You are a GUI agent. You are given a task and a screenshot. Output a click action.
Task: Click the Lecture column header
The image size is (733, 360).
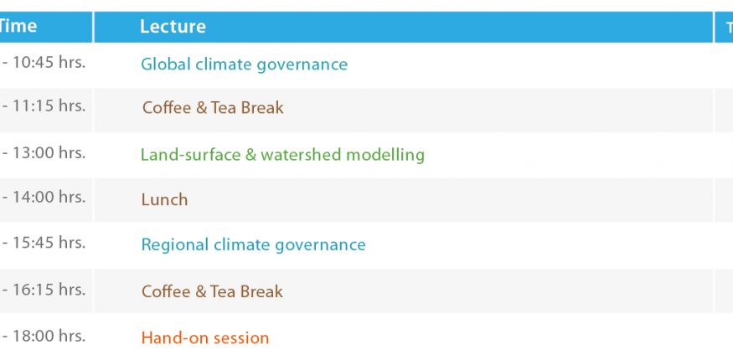(x=173, y=26)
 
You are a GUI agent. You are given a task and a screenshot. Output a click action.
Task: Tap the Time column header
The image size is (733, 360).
(x=18, y=26)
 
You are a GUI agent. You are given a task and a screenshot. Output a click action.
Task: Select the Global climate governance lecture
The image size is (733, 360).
(x=244, y=64)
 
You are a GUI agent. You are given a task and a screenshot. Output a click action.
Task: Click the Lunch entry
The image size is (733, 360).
(x=164, y=200)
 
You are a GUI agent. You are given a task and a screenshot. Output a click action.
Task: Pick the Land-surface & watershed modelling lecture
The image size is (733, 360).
(x=282, y=155)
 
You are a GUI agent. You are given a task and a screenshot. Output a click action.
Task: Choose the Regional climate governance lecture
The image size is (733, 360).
(x=253, y=245)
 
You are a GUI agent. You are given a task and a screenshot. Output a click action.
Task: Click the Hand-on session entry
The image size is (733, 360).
(x=205, y=337)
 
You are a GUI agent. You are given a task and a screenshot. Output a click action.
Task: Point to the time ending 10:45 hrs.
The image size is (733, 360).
(x=44, y=63)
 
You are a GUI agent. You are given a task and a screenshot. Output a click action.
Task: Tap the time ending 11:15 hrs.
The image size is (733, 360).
(x=44, y=106)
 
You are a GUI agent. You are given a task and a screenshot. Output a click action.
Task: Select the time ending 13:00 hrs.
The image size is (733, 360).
(x=44, y=153)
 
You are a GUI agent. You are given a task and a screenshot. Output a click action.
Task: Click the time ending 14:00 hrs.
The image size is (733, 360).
(x=44, y=197)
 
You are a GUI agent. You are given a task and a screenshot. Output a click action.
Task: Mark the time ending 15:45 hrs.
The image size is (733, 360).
(x=44, y=243)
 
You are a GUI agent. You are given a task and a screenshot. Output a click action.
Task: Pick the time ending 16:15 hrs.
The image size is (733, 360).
(x=44, y=290)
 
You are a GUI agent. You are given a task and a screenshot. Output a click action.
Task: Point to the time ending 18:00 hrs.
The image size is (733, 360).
(x=44, y=336)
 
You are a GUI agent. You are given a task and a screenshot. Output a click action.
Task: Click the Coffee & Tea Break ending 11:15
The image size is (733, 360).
(x=213, y=108)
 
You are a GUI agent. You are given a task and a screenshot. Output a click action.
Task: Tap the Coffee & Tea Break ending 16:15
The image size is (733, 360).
(x=212, y=292)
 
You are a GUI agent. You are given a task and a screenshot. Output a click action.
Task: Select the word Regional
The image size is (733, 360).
(x=175, y=245)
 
